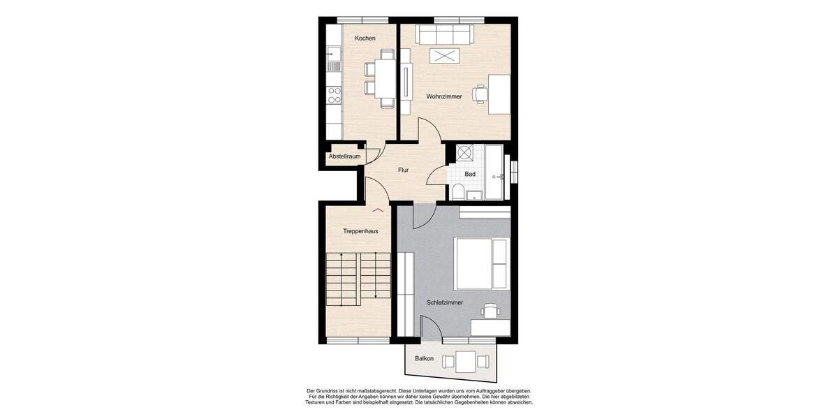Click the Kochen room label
(x=365, y=38)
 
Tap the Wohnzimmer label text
(x=444, y=96)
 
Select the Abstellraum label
(x=344, y=156)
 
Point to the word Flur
(x=403, y=170)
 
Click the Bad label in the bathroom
(x=470, y=174)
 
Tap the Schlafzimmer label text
(x=445, y=302)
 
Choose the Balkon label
(x=424, y=358)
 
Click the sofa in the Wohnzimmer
(x=444, y=34)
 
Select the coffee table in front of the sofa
(x=444, y=57)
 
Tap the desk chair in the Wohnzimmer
(x=480, y=93)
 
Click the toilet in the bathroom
(x=457, y=192)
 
